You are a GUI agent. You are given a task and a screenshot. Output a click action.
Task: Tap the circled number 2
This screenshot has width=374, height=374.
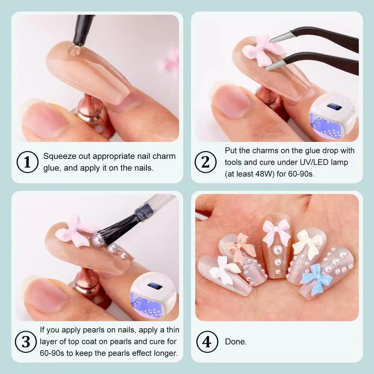pos(205,162)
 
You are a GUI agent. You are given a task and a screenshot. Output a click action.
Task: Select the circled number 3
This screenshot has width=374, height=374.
pos(26,342)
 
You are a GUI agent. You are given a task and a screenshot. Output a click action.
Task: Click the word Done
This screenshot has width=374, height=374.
pos(236,342)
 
